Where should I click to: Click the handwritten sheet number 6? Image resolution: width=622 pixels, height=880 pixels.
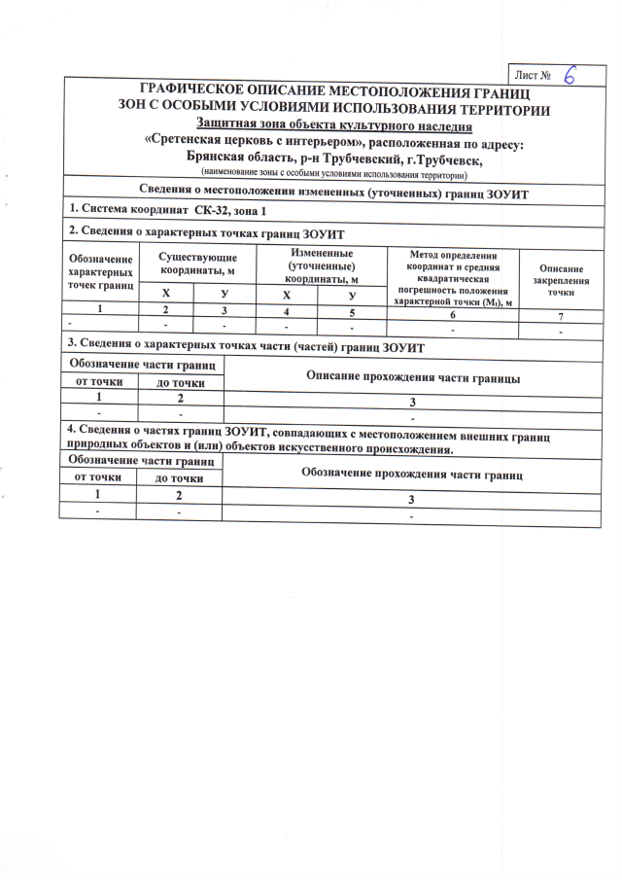coord(570,75)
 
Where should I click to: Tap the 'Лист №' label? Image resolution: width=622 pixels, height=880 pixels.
coord(535,75)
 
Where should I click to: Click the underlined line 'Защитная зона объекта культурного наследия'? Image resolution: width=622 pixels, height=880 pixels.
coord(334,125)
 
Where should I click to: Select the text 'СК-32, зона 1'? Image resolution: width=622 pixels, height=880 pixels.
coord(229,211)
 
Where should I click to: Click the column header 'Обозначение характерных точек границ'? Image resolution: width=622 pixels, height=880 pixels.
coord(98,272)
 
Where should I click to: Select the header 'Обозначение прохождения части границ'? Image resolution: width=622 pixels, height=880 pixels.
coord(412,475)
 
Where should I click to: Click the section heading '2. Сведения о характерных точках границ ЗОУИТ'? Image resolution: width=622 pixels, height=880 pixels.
coord(206,234)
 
